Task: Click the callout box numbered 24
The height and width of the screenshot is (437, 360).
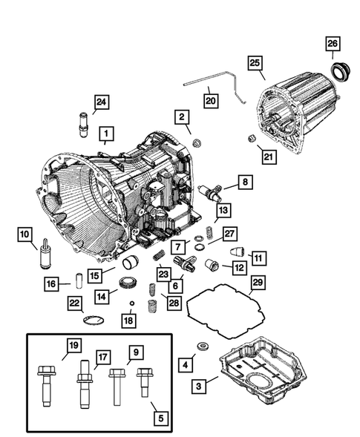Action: click(100, 102)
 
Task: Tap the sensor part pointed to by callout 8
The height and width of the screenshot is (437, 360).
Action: click(210, 191)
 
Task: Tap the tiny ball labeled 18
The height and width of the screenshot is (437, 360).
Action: click(132, 303)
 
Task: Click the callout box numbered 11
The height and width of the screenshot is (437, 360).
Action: click(258, 257)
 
